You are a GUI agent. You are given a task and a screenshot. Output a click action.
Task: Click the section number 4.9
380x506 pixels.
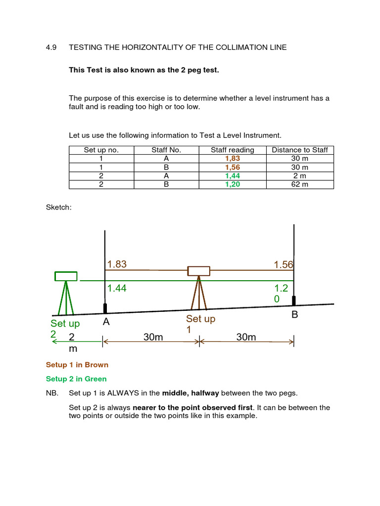51,47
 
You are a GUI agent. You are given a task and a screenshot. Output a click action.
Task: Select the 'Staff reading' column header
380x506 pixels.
232,150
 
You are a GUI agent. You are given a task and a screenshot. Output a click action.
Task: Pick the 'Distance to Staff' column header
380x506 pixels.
300,150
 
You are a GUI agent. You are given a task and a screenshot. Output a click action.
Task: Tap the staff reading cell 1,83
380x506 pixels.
232,159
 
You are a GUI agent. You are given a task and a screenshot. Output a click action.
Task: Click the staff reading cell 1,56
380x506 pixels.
232,167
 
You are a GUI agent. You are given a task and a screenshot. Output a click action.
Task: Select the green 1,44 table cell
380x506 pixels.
232,175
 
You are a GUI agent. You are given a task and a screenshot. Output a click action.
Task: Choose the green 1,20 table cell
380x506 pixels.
232,184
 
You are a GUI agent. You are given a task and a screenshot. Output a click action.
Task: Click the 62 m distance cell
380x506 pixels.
300,184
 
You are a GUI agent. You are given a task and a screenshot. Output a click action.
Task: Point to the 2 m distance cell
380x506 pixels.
300,175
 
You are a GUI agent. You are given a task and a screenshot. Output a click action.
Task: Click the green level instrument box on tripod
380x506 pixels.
66,276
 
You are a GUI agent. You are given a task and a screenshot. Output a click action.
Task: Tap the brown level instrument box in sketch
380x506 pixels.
198,271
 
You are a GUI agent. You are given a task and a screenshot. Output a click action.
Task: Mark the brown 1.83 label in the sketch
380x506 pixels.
117,264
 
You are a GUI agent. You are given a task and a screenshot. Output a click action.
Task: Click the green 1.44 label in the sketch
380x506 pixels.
117,288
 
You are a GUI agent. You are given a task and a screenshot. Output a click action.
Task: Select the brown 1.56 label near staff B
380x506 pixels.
284,265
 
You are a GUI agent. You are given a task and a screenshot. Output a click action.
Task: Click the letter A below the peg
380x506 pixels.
106,322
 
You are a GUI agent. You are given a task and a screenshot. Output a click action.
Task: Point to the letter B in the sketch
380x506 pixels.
295,315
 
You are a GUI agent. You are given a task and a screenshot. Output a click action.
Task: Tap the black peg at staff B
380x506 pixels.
294,300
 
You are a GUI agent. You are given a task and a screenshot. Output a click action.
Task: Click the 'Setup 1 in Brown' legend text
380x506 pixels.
77,365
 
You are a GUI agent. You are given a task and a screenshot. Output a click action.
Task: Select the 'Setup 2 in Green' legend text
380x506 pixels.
76,379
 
